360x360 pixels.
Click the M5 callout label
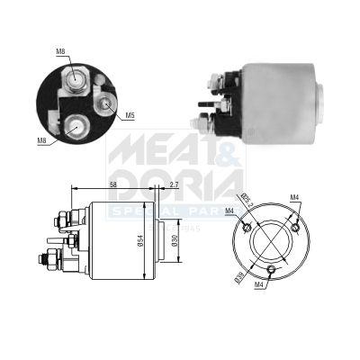point(130,115)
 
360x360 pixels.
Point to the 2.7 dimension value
point(174,185)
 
